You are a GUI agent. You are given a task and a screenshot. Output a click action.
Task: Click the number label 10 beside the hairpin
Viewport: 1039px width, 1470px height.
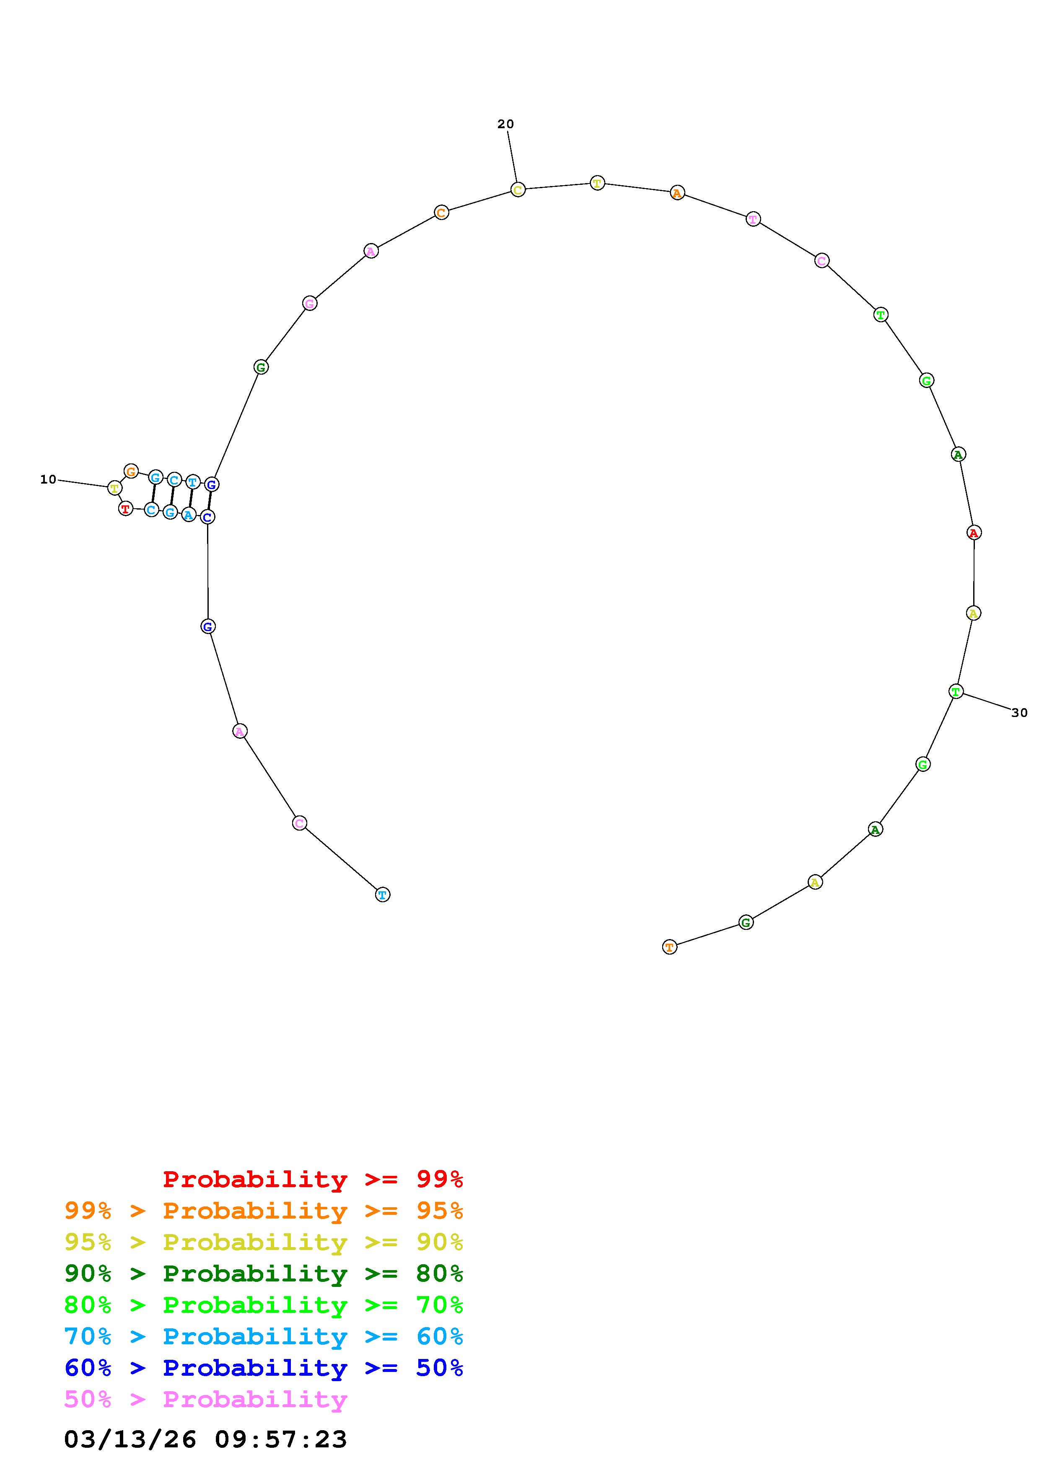pyautogui.click(x=48, y=479)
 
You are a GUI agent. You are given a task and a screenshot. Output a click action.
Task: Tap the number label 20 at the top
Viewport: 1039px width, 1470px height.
pyautogui.click(x=506, y=124)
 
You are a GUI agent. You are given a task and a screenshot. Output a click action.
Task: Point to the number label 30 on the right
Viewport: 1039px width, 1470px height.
pyautogui.click(x=1020, y=713)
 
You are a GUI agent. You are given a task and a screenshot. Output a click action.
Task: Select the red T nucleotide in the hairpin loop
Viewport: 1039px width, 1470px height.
pyautogui.click(x=125, y=509)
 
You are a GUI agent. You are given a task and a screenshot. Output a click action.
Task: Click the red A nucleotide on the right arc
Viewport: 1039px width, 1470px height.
pyautogui.click(x=974, y=533)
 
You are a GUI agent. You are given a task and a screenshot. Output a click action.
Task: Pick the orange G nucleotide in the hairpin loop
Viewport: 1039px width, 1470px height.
pyautogui.click(x=131, y=472)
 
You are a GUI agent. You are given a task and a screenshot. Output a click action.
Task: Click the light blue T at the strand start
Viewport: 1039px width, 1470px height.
pyautogui.click(x=382, y=894)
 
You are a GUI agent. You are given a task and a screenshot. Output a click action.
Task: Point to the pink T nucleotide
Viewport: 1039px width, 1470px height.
pyautogui.click(x=754, y=220)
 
